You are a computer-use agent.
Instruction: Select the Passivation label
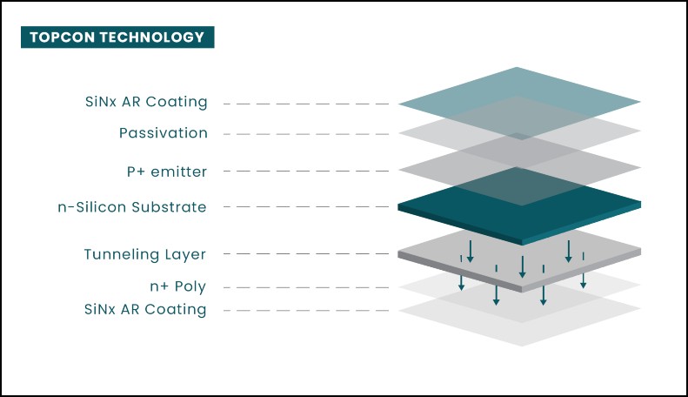(x=164, y=133)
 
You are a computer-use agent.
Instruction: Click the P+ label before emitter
(x=136, y=172)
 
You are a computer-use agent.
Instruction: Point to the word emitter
(x=178, y=172)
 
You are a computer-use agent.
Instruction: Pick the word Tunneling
(x=121, y=255)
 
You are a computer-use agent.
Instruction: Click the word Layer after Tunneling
(x=185, y=255)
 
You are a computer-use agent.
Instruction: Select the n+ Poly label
(x=177, y=286)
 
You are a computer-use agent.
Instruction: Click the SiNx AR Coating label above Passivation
(x=146, y=102)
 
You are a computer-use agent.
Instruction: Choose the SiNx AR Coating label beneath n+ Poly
(x=145, y=310)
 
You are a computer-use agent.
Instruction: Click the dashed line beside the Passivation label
(x=306, y=134)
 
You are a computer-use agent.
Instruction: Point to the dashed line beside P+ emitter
(x=306, y=171)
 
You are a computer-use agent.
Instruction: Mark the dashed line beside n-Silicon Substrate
(x=306, y=206)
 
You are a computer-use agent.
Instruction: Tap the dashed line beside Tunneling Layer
(x=306, y=253)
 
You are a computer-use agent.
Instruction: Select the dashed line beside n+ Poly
(x=306, y=287)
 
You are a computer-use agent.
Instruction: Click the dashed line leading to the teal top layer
(x=306, y=104)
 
